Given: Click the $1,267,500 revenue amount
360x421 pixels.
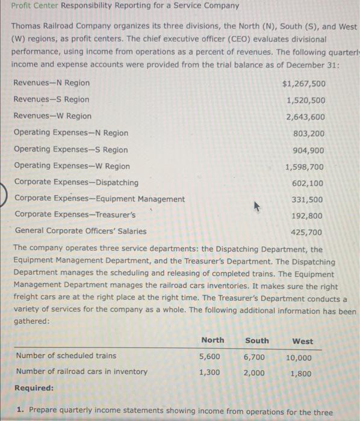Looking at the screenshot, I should (x=303, y=83).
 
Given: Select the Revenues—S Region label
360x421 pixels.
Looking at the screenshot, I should (x=51, y=99).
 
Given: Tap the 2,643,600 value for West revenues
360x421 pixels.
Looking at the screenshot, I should (x=305, y=117).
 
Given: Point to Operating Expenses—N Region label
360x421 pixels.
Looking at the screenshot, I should (x=70, y=133).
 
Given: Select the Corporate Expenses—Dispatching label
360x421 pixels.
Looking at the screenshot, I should (x=76, y=182).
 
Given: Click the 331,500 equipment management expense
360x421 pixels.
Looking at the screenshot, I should (x=308, y=200).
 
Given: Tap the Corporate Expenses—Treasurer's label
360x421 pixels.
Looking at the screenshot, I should (x=75, y=214).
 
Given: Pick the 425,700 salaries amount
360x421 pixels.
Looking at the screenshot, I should (x=308, y=232).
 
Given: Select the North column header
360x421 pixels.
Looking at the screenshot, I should (x=213, y=340).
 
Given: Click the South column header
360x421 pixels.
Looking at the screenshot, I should (x=257, y=340).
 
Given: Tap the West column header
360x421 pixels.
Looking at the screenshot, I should (x=302, y=341).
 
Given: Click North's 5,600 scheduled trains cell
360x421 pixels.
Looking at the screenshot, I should (x=210, y=356).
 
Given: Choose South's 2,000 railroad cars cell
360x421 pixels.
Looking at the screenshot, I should (x=254, y=372).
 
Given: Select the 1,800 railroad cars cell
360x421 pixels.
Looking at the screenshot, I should (x=300, y=373).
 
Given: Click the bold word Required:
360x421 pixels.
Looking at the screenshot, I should (x=34, y=388).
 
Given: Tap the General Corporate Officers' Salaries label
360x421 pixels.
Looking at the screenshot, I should (x=80, y=231).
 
